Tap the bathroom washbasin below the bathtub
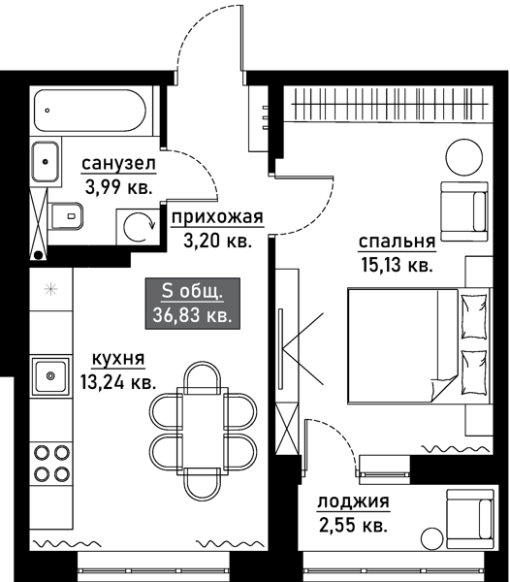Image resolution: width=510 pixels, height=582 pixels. pyautogui.click(x=46, y=161)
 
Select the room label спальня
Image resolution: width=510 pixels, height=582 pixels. pyautogui.click(x=396, y=242)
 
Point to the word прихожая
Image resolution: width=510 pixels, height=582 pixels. pyautogui.click(x=216, y=217)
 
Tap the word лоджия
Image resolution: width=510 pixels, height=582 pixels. pyautogui.click(x=353, y=502)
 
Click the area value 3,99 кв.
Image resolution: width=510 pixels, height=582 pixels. pyautogui.click(x=116, y=187)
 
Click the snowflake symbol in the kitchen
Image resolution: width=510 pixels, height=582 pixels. pyautogui.click(x=49, y=289)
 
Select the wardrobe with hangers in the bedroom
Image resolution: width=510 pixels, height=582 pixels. pyautogui.click(x=383, y=101)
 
